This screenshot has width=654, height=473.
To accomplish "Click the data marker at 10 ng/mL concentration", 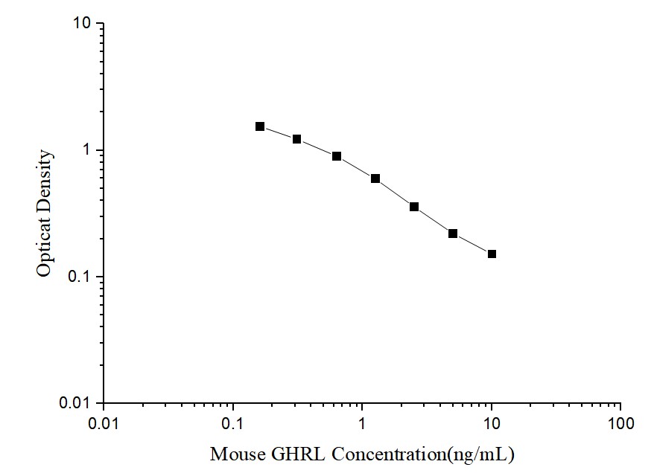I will [492, 254].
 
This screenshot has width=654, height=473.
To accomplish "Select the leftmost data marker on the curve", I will [260, 126].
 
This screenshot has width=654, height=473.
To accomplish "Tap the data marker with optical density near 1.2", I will [296, 139].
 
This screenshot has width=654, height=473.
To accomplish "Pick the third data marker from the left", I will [337, 156].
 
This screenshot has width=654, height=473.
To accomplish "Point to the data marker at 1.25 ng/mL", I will [375, 178].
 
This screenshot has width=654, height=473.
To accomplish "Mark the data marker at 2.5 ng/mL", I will [414, 207].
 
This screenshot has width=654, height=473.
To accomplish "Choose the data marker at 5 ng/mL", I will [453, 234].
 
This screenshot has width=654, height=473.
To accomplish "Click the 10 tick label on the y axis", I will [82, 24].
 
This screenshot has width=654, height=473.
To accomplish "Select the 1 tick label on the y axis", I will [86, 150].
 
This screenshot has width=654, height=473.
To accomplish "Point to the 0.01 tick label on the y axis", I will [74, 403].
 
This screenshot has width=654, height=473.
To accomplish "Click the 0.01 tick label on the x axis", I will [104, 424].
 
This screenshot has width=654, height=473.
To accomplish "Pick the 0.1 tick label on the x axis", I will [233, 424].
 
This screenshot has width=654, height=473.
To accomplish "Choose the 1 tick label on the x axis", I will [362, 424].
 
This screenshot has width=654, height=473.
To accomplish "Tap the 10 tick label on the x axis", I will [492, 424].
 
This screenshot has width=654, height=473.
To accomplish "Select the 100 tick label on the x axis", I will [620, 424].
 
